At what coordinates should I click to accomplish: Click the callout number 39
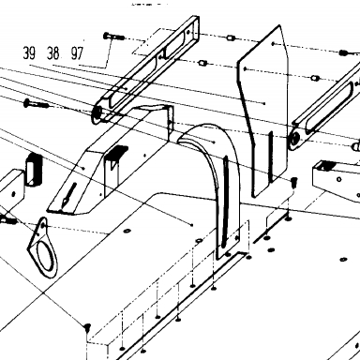tap(29, 52)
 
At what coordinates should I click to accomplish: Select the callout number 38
tap(53, 52)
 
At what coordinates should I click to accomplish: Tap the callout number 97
tap(77, 52)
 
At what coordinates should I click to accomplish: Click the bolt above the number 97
tap(113, 37)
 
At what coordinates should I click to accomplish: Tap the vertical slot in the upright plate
tap(271, 157)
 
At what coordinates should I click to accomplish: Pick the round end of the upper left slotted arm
tap(97, 112)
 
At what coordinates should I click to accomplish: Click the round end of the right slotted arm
tap(294, 140)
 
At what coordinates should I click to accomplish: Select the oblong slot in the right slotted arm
tap(330, 105)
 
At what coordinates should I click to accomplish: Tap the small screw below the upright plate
tap(293, 182)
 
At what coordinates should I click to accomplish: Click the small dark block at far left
tap(34, 169)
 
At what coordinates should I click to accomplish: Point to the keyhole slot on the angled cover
tap(68, 195)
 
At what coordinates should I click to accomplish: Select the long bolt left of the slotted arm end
tap(36, 103)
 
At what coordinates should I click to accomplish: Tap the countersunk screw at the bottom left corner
tap(87, 327)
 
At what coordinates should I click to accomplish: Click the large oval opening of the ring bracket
tap(45, 257)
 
